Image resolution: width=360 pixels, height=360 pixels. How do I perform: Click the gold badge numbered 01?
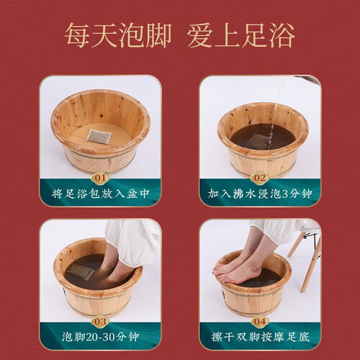(x=100, y=178)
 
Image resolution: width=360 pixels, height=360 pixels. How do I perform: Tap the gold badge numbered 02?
(x=260, y=178)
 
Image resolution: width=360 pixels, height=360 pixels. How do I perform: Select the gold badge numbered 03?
(x=100, y=322)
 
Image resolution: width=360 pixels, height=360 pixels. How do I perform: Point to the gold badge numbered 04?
(x=260, y=322)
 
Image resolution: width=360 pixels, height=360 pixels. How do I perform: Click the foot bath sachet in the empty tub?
(x=99, y=138)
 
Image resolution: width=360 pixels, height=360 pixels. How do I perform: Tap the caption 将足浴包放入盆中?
(x=101, y=194)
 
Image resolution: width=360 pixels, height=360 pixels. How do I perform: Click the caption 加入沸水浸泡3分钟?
(x=260, y=194)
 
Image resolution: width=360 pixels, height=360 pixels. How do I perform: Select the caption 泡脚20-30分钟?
(x=101, y=337)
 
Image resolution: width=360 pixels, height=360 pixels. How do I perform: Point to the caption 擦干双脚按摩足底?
(x=261, y=337)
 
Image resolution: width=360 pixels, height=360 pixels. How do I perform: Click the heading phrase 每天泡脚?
(x=118, y=36)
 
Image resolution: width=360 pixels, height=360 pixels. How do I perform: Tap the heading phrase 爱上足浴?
(x=241, y=36)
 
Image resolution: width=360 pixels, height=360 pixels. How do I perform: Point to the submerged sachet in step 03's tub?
(x=79, y=271)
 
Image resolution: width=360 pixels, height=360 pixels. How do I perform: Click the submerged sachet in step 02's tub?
(x=255, y=142)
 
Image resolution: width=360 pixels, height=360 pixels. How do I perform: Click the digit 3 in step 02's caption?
(x=285, y=194)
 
